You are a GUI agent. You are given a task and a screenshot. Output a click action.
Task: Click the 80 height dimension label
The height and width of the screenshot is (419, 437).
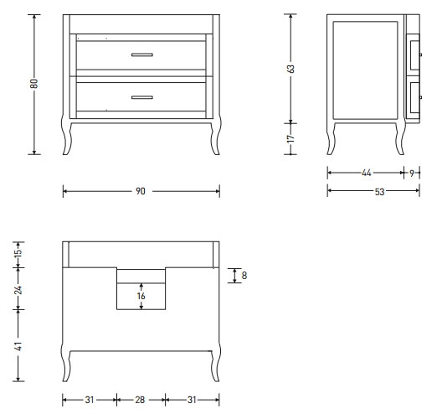[x=34, y=84]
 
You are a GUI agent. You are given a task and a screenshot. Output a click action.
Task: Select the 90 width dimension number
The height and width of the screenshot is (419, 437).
[x=141, y=191]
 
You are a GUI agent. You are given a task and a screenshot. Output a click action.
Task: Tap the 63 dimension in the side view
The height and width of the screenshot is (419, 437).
[x=290, y=69]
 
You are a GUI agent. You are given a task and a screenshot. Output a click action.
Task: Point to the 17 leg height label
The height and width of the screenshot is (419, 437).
[x=290, y=138]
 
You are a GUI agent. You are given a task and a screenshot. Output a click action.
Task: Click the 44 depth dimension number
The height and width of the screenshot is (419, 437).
[x=366, y=173]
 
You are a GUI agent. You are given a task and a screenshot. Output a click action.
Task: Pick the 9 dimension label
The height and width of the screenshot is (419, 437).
[x=412, y=173]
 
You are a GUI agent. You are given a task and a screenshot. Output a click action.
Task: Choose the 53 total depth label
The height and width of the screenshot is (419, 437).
[x=379, y=192]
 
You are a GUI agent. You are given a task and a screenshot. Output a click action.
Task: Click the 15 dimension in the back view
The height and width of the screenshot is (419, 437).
[x=18, y=252]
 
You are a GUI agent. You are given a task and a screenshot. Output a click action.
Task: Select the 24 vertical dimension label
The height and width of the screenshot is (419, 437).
[x=18, y=290]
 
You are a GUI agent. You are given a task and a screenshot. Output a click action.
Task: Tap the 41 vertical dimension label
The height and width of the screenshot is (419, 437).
[x=18, y=346]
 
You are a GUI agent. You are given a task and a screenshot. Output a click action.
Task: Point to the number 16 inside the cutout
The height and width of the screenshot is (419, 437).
[x=141, y=296]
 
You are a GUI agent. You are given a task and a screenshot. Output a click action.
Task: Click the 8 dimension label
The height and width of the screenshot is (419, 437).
[x=244, y=276]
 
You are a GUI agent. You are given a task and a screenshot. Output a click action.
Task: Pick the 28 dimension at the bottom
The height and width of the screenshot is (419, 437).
[x=140, y=400]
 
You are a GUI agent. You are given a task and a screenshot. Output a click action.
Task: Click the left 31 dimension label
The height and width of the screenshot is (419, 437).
[x=90, y=400]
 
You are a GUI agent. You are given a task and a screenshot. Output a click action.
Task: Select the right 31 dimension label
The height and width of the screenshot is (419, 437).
[x=192, y=400]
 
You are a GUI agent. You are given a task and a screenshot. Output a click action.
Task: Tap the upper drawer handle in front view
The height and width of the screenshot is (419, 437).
[x=142, y=54]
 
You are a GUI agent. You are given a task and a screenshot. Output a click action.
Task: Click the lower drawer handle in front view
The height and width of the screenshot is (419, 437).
[x=142, y=97]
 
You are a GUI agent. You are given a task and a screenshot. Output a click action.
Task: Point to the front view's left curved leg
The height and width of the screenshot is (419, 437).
[x=66, y=136]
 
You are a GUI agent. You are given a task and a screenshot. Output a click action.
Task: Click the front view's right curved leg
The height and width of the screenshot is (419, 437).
[x=216, y=136]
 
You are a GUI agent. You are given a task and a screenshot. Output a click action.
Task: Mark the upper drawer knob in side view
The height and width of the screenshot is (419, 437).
[x=421, y=54]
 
